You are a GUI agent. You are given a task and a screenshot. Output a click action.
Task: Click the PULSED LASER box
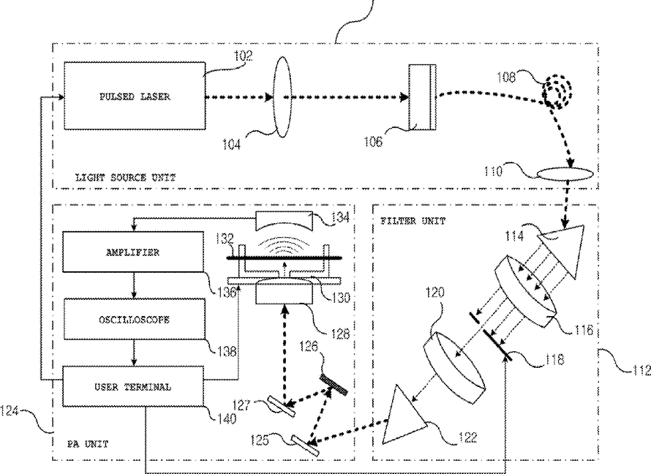click(x=135, y=96)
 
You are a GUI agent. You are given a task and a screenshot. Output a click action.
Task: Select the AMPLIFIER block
click(x=133, y=252)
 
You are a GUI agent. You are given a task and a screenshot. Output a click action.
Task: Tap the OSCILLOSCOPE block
click(x=134, y=319)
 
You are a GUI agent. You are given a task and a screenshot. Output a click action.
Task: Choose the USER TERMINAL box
click(x=133, y=386)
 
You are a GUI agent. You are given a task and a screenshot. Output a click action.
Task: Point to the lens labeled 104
click(x=282, y=97)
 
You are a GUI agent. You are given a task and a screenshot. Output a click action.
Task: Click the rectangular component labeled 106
click(x=422, y=97)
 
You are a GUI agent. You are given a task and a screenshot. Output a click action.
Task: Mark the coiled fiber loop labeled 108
click(x=558, y=91)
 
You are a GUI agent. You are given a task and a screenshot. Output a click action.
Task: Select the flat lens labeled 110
click(x=565, y=174)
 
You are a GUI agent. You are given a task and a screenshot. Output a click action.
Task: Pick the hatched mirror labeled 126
click(x=334, y=383)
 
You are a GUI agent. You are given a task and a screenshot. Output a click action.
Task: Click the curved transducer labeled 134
click(x=284, y=220)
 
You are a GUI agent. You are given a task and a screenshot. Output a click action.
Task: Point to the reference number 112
click(x=642, y=370)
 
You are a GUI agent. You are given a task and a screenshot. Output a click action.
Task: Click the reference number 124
click(x=9, y=412)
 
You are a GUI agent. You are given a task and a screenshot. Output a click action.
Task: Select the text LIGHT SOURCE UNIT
click(x=125, y=178)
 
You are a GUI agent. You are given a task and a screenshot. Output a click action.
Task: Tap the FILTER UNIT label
click(x=413, y=221)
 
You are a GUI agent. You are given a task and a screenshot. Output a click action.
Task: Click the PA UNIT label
click(x=88, y=444)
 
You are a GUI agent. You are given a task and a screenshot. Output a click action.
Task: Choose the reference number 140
click(x=227, y=418)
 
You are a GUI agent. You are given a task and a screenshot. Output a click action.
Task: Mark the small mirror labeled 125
click(x=305, y=445)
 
